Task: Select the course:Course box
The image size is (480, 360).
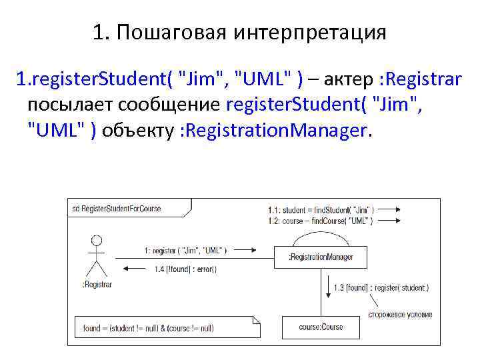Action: [x=321, y=327]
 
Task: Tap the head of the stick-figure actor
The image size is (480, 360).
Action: [x=97, y=241]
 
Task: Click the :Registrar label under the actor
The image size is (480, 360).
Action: [x=97, y=284]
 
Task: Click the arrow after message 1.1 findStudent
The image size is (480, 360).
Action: [x=394, y=209]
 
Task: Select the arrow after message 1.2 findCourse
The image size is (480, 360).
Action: [x=394, y=220]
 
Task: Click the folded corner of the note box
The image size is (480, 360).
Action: [x=255, y=319]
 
